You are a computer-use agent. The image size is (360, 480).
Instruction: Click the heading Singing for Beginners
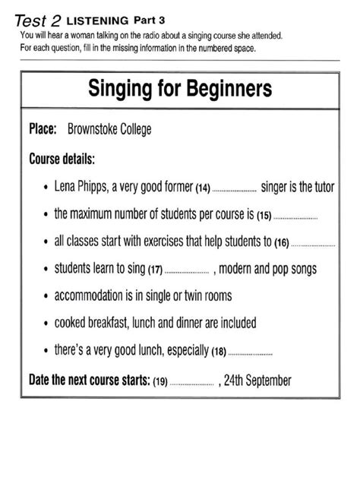(180, 89)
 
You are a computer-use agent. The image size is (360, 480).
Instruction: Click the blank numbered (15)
(295, 216)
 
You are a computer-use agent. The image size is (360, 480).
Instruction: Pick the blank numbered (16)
(312, 244)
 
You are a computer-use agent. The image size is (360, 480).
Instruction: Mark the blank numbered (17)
(186, 271)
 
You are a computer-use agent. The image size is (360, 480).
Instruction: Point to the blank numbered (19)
(194, 382)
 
